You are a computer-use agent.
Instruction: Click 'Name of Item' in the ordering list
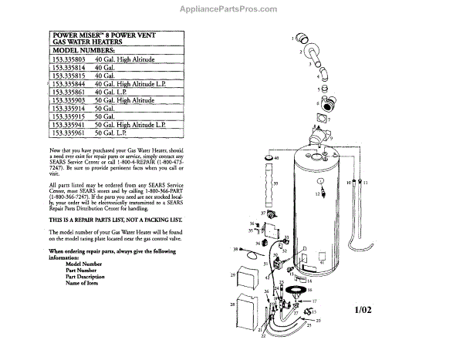[x=84, y=284]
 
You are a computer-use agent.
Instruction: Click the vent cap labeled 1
[x=306, y=38]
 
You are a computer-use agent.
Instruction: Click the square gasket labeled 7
[x=319, y=119]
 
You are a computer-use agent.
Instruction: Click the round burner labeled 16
[x=299, y=289]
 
